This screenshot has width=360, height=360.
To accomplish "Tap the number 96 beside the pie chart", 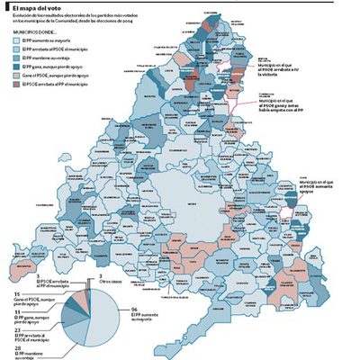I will pyautogui.click(x=134, y=310).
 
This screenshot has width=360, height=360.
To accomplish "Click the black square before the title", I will pyautogui.click(x=4, y=6).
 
